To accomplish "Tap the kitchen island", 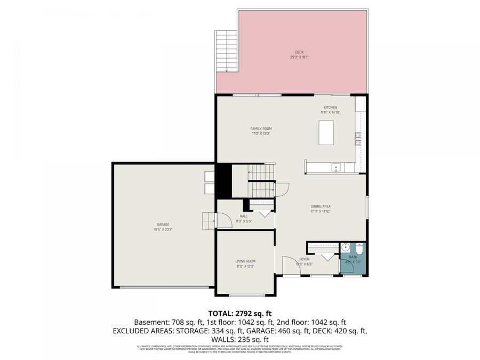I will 326,133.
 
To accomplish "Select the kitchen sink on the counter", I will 336,167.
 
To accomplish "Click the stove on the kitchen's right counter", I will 358,139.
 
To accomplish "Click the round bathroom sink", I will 345,247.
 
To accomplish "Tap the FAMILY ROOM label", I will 261,129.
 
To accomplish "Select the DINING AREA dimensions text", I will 321,212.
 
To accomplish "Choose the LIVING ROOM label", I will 245,261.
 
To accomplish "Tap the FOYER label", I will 304,259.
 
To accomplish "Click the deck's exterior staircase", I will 226,51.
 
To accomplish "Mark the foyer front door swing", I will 291,265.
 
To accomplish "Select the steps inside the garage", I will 208,220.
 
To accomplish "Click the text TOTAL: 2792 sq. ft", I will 239,313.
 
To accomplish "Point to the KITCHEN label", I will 330,107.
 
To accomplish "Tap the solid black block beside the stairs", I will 223,181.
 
